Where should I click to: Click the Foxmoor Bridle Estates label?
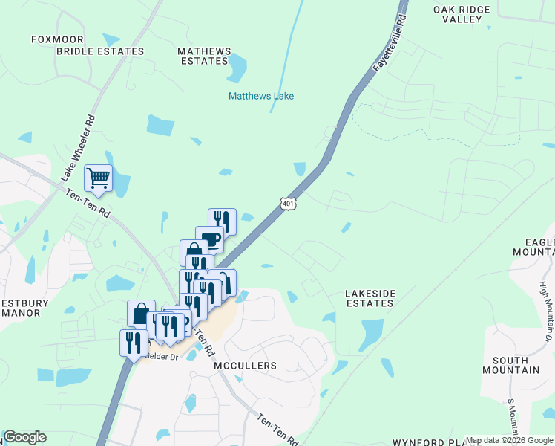[x=88, y=45]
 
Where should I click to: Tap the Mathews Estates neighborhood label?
[x=205, y=56]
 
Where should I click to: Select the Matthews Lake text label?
[x=261, y=96]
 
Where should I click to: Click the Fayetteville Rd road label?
[x=390, y=42]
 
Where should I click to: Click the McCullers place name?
[x=245, y=366]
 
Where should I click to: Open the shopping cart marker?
[x=98, y=178]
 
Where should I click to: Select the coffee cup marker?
[x=209, y=239]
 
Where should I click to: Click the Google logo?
[x=24, y=437]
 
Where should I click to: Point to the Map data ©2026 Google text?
[x=509, y=440]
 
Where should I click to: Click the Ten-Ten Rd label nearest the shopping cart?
[x=88, y=203]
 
